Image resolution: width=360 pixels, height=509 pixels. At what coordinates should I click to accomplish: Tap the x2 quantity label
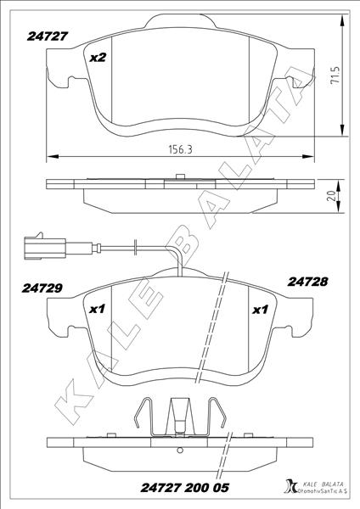pos(98,58)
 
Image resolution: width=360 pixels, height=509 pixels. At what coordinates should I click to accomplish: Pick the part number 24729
pos(42,288)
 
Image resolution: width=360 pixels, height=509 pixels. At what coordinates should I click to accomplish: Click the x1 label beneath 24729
pos(96,310)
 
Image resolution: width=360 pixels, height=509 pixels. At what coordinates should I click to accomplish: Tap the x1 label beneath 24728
pos(261,310)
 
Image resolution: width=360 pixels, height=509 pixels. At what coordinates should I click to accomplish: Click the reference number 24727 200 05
pos(179,489)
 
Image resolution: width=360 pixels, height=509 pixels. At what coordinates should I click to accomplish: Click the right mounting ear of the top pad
pos(299,82)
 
